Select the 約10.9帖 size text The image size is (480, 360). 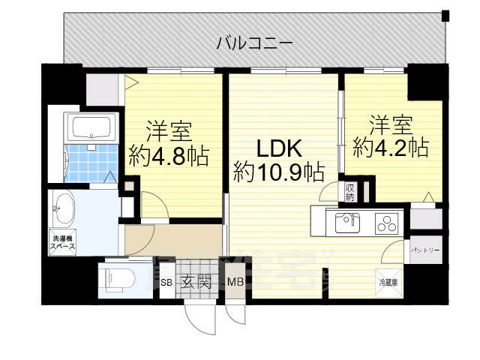click(278, 172)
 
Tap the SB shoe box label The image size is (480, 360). click(167, 283)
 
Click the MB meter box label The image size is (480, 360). click(235, 283)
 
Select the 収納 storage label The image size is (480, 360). click(350, 192)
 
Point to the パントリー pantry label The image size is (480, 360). click(424, 251)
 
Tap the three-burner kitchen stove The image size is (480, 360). click(386, 222)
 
